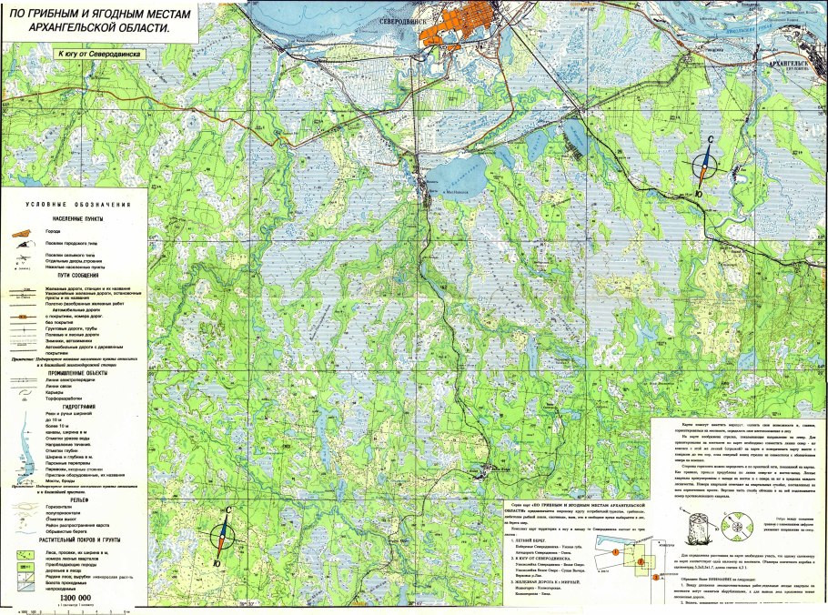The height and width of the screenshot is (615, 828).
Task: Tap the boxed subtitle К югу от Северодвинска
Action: coord(100,54)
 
